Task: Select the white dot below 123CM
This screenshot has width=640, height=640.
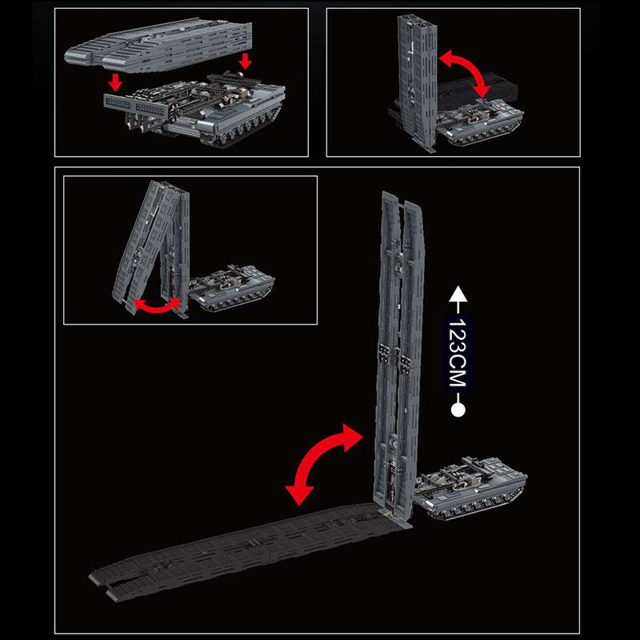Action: click(x=458, y=410)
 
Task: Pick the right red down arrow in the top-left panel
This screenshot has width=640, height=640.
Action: click(x=246, y=62)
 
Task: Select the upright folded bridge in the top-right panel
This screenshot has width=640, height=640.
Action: click(x=418, y=80)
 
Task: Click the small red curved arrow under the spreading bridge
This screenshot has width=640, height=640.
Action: click(x=157, y=306)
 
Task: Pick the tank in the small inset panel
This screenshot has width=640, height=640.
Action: click(x=232, y=288)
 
